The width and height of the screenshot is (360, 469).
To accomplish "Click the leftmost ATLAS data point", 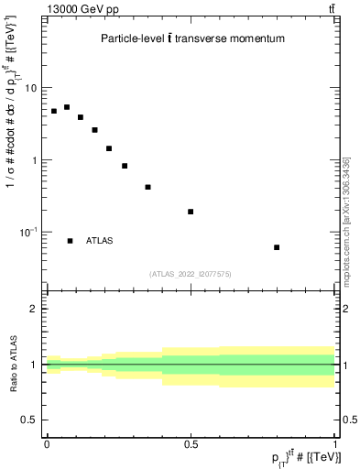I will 54,111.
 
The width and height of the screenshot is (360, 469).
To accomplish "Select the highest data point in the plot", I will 67,107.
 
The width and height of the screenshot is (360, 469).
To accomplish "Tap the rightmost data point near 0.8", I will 277,247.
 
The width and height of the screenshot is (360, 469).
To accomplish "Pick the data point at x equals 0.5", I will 191,212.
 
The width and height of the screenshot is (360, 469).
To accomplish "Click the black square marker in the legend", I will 71,241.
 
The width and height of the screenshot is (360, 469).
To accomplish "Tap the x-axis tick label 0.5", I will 191,444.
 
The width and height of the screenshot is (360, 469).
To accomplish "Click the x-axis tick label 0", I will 47,444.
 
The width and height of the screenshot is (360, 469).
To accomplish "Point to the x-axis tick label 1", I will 335,444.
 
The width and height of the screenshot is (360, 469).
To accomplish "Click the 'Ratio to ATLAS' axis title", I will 12,365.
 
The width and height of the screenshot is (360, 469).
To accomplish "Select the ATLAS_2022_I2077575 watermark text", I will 191,273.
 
